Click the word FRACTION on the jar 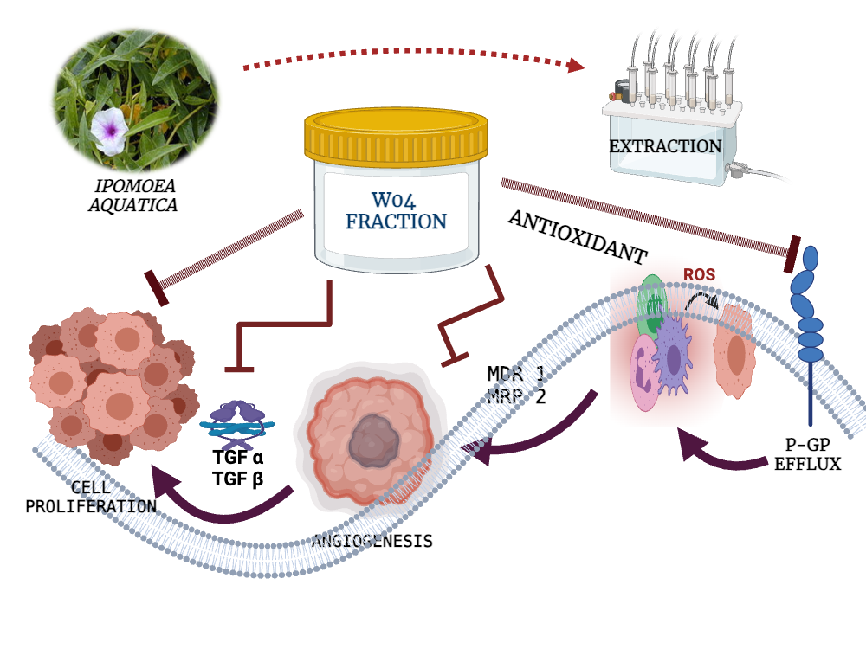396,221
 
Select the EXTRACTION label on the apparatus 665,146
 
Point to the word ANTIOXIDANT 577,235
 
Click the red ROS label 699,274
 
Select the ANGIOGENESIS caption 372,542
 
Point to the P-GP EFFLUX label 808,455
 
